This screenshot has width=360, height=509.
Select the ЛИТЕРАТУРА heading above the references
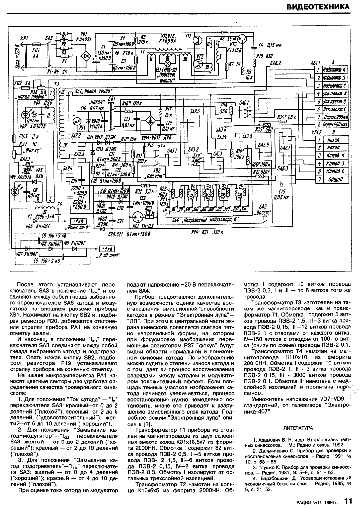tap(298, 428)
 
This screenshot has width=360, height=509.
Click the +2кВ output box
tap(78, 221)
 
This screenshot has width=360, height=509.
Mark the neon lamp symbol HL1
tap(137, 218)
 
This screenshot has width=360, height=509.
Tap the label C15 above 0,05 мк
tap(282, 191)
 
